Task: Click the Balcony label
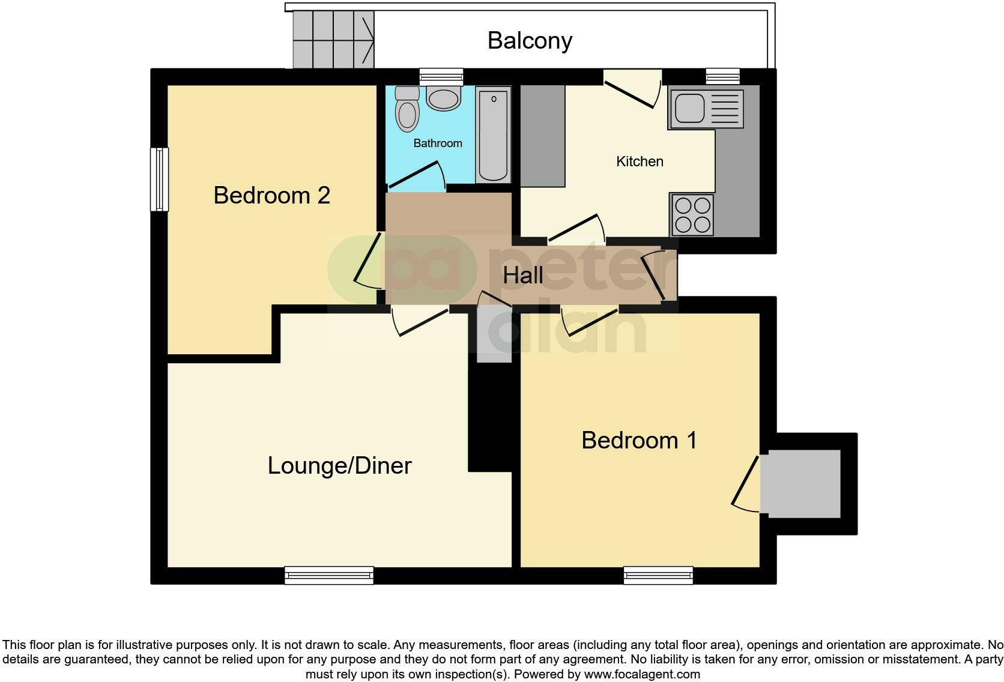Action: point(530,41)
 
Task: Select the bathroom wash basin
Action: point(444,99)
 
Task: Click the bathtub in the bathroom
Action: point(494,134)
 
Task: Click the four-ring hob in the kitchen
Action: point(692,215)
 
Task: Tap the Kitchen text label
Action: point(640,161)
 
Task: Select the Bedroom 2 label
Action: point(271,196)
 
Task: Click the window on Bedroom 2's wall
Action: point(159,179)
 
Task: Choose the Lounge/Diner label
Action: point(339,466)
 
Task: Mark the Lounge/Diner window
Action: point(328,575)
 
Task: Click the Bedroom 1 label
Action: point(639,441)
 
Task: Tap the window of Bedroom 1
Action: point(658,575)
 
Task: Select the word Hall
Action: point(523,276)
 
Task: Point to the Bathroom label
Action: point(438,143)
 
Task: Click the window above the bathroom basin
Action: point(441,76)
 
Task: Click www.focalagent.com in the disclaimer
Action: point(642,674)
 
